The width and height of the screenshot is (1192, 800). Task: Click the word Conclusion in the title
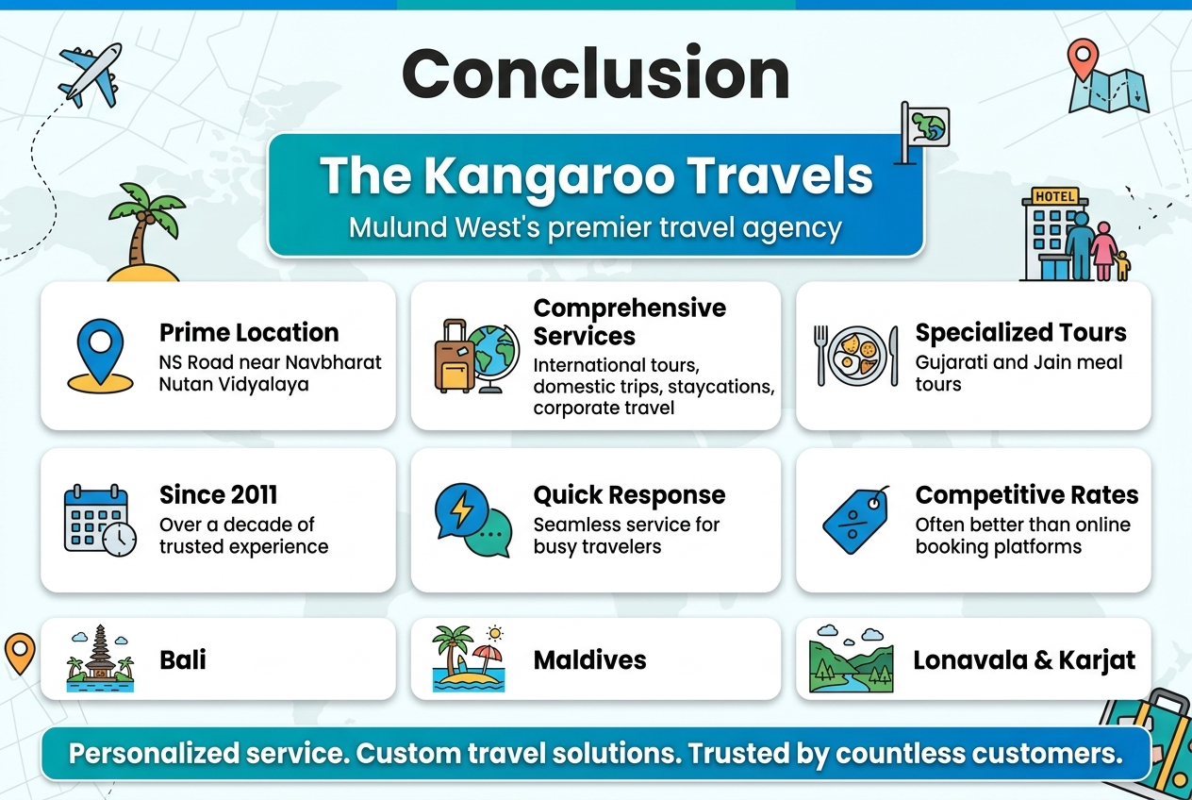point(595,73)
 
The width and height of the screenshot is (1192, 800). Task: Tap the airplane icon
point(91,75)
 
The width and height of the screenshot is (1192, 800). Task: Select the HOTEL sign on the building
point(1054,196)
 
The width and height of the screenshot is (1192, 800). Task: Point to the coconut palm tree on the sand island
point(144,224)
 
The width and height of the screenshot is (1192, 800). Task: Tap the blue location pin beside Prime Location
point(100,353)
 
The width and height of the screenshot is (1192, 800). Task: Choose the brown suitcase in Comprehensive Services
point(454,356)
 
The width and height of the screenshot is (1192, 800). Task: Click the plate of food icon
point(856,356)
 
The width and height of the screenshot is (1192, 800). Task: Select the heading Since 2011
point(218,495)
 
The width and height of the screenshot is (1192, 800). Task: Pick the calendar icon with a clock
point(100,521)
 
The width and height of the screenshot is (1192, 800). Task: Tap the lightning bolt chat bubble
point(461,511)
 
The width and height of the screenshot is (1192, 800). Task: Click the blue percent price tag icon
point(856,520)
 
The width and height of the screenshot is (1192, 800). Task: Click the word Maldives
point(589,660)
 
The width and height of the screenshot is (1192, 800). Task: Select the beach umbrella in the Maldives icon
point(487,658)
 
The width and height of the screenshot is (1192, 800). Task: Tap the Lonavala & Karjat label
point(1024,660)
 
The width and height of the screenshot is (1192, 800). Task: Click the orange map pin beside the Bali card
point(20,653)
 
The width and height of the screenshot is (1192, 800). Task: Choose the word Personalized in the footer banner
point(155,753)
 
